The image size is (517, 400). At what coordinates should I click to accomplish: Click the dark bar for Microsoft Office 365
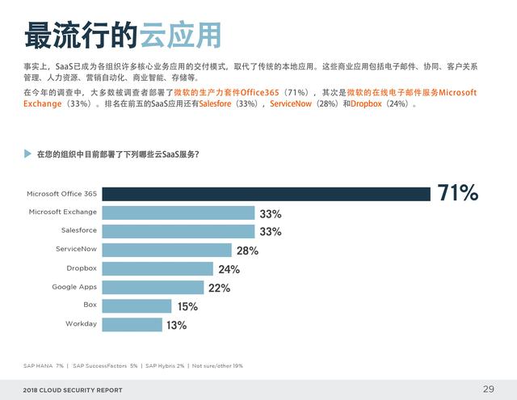pyautogui.click(x=267, y=194)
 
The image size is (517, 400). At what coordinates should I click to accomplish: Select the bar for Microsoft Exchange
pyautogui.click(x=178, y=213)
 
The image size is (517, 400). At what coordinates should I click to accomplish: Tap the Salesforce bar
pyautogui.click(x=178, y=231)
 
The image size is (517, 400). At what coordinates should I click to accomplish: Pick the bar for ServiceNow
pyautogui.click(x=166, y=250)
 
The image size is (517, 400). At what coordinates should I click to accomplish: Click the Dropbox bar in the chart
pyautogui.click(x=158, y=268)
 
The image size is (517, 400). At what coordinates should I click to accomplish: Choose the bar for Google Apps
pyautogui.click(x=153, y=287)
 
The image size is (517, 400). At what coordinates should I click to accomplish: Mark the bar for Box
pyautogui.click(x=137, y=305)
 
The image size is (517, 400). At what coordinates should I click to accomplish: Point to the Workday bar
pyautogui.click(x=132, y=324)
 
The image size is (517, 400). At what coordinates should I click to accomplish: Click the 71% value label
pyautogui.click(x=458, y=193)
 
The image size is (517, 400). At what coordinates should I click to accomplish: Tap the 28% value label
pyautogui.click(x=247, y=251)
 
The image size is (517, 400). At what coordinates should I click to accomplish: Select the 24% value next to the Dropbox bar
pyautogui.click(x=229, y=269)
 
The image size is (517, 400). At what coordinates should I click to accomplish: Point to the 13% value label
pyautogui.click(x=176, y=325)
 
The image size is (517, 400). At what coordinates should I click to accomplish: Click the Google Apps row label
pyautogui.click(x=74, y=287)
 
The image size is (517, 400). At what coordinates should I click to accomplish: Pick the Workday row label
pyautogui.click(x=81, y=324)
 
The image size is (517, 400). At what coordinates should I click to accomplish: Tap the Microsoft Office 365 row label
pyautogui.click(x=61, y=194)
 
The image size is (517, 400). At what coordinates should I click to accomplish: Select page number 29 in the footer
pyautogui.click(x=488, y=389)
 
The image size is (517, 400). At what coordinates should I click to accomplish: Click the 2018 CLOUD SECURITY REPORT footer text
pyautogui.click(x=73, y=390)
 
